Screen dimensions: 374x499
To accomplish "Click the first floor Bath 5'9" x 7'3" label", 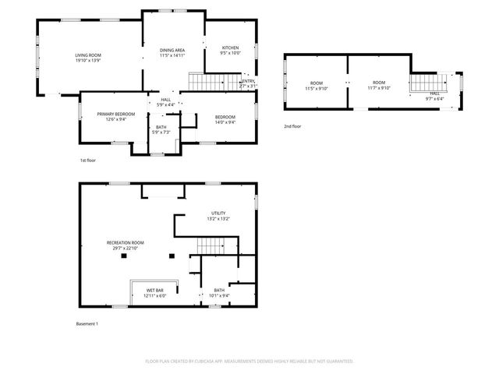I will click(x=161, y=129).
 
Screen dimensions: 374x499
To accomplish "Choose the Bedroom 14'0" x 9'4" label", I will click(x=225, y=118).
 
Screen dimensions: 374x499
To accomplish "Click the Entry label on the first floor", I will click(x=247, y=83).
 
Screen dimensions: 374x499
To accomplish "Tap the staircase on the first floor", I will click(x=207, y=81).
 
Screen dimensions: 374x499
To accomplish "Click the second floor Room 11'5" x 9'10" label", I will click(x=317, y=85).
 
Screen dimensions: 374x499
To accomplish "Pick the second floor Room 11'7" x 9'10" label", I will click(x=379, y=85).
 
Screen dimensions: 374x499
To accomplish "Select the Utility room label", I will click(x=218, y=216).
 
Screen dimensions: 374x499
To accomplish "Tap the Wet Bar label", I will click(x=154, y=293).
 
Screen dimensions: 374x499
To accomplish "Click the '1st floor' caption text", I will click(x=87, y=160).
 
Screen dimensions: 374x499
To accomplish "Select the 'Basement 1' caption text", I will click(x=87, y=323).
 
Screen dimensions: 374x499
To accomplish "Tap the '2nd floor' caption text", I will click(x=292, y=125).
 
